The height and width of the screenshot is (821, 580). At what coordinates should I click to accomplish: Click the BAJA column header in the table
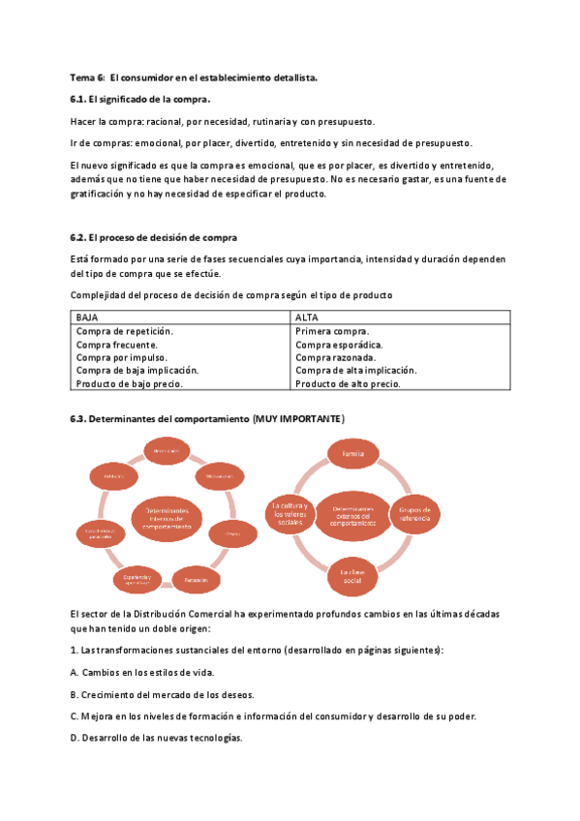(x=88, y=317)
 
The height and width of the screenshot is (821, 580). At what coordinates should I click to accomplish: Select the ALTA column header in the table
(x=307, y=317)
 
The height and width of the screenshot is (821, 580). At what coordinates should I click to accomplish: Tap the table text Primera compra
(x=332, y=330)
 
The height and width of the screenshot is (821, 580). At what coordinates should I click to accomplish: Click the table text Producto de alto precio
(x=348, y=383)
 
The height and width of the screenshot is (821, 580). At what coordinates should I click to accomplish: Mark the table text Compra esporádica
(x=339, y=344)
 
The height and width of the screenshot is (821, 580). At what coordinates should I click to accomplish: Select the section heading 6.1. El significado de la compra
(x=140, y=99)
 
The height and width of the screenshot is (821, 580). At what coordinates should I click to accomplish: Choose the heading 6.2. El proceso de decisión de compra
(x=154, y=237)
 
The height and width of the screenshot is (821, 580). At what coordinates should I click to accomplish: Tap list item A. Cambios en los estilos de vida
(x=142, y=672)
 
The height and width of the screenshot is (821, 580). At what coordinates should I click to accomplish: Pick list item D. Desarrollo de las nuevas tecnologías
(x=156, y=738)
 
